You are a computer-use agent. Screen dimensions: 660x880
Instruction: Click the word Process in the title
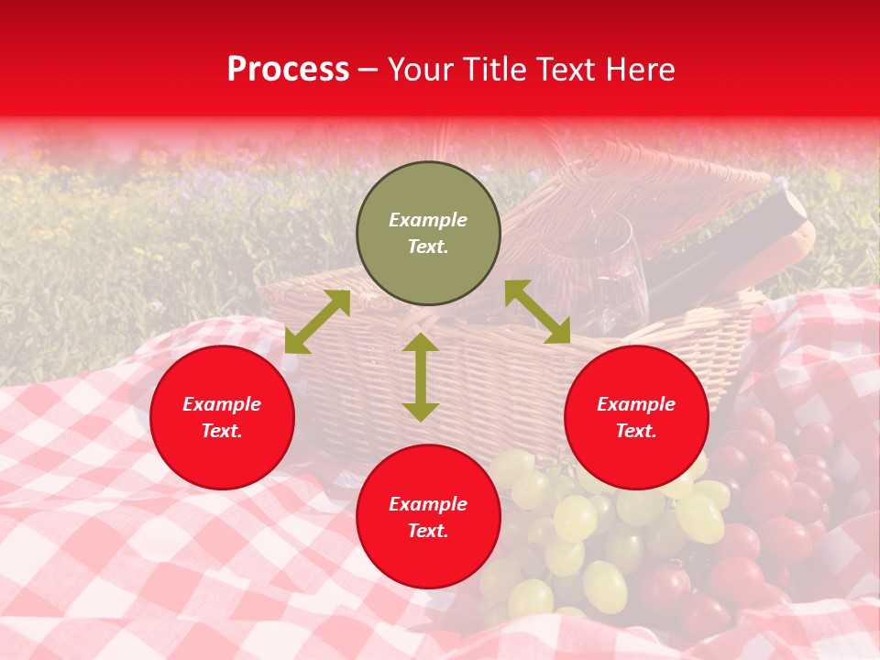point(288,70)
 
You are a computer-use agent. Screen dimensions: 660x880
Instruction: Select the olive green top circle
point(428,234)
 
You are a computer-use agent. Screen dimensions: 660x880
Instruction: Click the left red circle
point(222,418)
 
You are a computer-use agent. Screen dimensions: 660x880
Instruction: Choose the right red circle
point(636,418)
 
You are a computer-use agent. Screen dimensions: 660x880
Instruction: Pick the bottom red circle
point(428,517)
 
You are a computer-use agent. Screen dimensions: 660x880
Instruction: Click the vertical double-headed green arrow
point(421,377)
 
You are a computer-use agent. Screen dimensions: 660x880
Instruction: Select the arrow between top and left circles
point(318,321)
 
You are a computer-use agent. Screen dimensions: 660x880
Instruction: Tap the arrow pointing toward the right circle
point(537,312)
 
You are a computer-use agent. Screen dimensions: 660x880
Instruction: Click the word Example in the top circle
point(428,220)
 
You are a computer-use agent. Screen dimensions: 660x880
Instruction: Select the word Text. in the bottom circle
point(428,531)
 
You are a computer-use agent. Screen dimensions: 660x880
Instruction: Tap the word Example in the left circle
point(222,404)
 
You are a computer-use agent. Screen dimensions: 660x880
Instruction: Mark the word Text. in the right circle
point(636,431)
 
